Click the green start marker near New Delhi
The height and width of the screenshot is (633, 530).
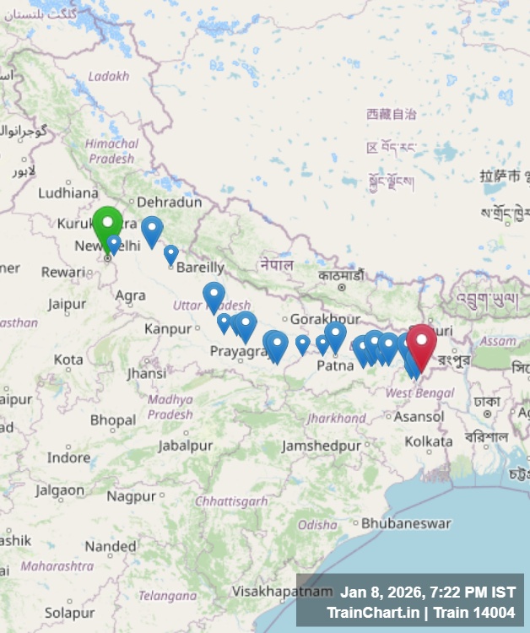tap(107, 225)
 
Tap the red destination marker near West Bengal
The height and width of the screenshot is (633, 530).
tap(421, 343)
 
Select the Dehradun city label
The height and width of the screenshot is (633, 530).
tap(170, 203)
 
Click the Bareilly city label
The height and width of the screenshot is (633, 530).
tap(200, 268)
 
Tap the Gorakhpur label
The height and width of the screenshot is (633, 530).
tap(319, 320)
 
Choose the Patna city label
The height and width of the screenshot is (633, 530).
tap(335, 365)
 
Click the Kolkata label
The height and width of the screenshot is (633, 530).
tap(428, 441)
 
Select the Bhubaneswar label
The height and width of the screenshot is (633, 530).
tap(406, 523)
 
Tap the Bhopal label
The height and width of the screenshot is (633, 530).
tap(113, 419)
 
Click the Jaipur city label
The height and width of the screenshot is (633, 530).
tap(68, 304)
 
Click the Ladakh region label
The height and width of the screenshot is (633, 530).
tap(109, 76)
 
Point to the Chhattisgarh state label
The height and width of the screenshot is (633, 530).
tap(231, 501)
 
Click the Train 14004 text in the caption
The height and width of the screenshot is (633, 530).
tap(479, 612)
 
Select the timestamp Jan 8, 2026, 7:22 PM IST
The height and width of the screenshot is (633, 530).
tap(427, 592)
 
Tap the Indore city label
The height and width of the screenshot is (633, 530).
tap(68, 457)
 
